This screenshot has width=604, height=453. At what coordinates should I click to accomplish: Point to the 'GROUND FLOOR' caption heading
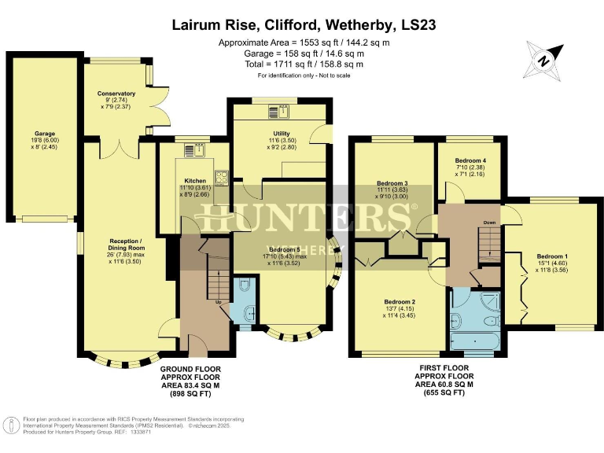coord(190,368)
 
